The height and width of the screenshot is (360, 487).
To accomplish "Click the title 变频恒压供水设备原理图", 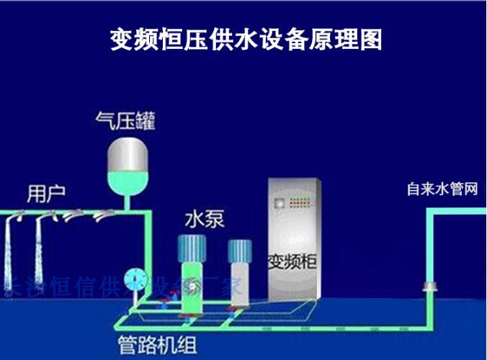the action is [246, 39].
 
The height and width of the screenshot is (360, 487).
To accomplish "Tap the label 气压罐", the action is [126, 120].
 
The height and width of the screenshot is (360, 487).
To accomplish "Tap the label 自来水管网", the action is [442, 189].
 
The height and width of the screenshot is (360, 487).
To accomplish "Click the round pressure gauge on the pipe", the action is [134, 279].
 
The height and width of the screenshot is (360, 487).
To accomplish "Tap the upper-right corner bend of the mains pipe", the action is [431, 214].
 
